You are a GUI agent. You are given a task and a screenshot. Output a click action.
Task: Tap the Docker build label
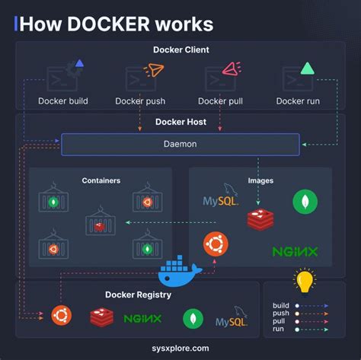(63, 100)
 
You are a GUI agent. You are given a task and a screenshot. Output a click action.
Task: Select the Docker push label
(140, 100)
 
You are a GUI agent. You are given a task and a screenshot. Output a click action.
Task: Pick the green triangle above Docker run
(307, 68)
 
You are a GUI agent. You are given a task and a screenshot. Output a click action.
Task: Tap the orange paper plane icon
(154, 71)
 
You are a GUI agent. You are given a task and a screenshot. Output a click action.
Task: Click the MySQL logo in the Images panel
(221, 199)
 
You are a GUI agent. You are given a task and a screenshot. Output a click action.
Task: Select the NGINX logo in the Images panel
(295, 251)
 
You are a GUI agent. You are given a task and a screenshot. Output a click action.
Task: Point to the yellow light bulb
(305, 281)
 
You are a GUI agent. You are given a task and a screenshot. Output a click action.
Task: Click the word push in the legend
(282, 313)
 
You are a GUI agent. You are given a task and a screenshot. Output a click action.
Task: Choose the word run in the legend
(279, 329)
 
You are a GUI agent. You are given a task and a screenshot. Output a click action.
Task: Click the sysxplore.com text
(180, 349)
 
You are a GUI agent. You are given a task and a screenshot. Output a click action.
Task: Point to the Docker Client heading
(180, 50)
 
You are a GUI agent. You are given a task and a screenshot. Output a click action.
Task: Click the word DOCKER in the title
(110, 24)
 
